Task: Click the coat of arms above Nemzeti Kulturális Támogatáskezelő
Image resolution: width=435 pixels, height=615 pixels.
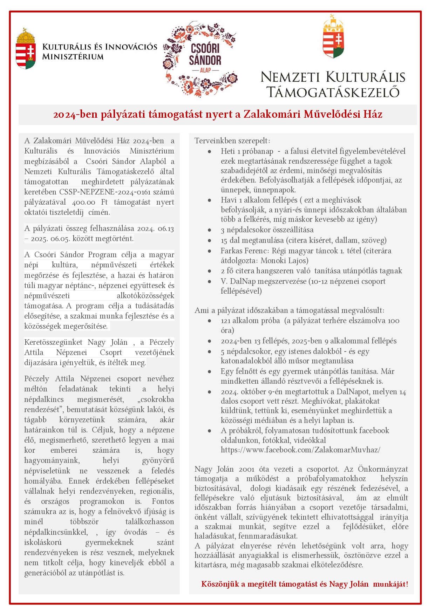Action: tap(333, 37)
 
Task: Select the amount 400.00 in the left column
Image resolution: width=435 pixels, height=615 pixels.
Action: tap(83, 202)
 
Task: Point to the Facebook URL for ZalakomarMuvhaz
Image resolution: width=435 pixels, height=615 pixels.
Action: tap(300, 450)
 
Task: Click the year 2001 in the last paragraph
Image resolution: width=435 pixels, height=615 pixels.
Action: tap(247, 469)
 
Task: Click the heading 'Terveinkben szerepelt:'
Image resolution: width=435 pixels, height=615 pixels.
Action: tap(232, 141)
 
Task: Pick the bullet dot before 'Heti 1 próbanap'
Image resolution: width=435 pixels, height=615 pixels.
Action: tap(210, 151)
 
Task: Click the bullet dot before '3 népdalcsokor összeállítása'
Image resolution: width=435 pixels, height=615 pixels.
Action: tap(210, 230)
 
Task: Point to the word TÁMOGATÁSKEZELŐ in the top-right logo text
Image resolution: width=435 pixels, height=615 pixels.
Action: tap(333, 92)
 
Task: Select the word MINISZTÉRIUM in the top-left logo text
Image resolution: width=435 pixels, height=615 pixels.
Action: tap(73, 57)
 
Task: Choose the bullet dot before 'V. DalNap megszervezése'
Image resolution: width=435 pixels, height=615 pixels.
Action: tap(210, 281)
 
